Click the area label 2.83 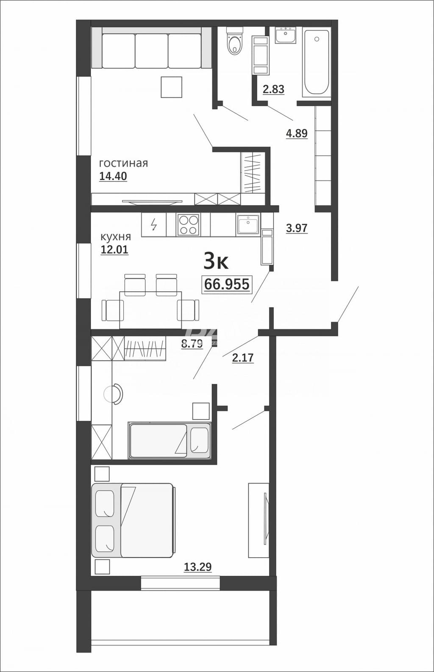pos(273,89)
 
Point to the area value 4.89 pos(297,133)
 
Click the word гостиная pos(124,163)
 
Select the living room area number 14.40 pos(113,176)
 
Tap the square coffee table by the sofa pos(172,87)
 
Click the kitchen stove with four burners pos(189,225)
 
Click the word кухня pos(116,237)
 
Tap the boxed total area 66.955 pos(227,284)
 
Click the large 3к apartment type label pos(216,261)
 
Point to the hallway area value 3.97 pos(297,228)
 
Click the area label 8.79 pos(192,343)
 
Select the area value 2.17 pos(243,358)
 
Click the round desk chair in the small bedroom pos(113,394)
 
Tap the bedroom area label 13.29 pos(198,567)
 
